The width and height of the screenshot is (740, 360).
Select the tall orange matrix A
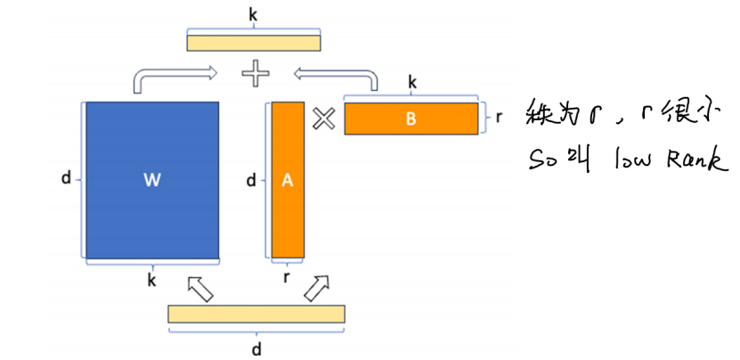[x=288, y=181]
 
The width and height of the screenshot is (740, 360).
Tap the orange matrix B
[x=411, y=119]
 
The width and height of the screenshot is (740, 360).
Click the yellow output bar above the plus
[x=254, y=41]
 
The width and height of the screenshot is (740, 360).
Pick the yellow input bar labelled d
[x=256, y=313]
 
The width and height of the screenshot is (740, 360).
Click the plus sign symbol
[x=256, y=74]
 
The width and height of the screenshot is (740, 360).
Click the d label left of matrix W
[x=66, y=178]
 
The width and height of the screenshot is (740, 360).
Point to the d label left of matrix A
[x=251, y=181]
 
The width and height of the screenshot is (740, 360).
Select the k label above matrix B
[x=412, y=82]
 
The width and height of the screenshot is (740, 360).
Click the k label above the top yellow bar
[x=255, y=13]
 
